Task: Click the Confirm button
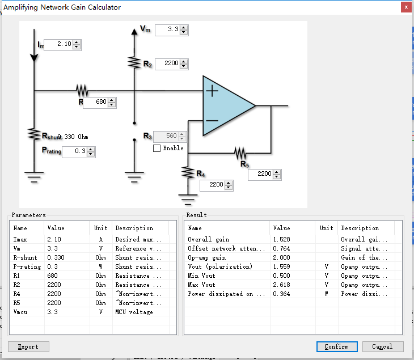(336, 346)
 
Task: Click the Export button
(28, 346)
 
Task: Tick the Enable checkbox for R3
(157, 149)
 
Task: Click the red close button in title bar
(405, 7)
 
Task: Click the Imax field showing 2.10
(58, 44)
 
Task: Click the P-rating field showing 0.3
(74, 152)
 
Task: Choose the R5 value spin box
(260, 174)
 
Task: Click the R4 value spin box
(212, 185)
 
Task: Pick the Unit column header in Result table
(326, 228)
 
